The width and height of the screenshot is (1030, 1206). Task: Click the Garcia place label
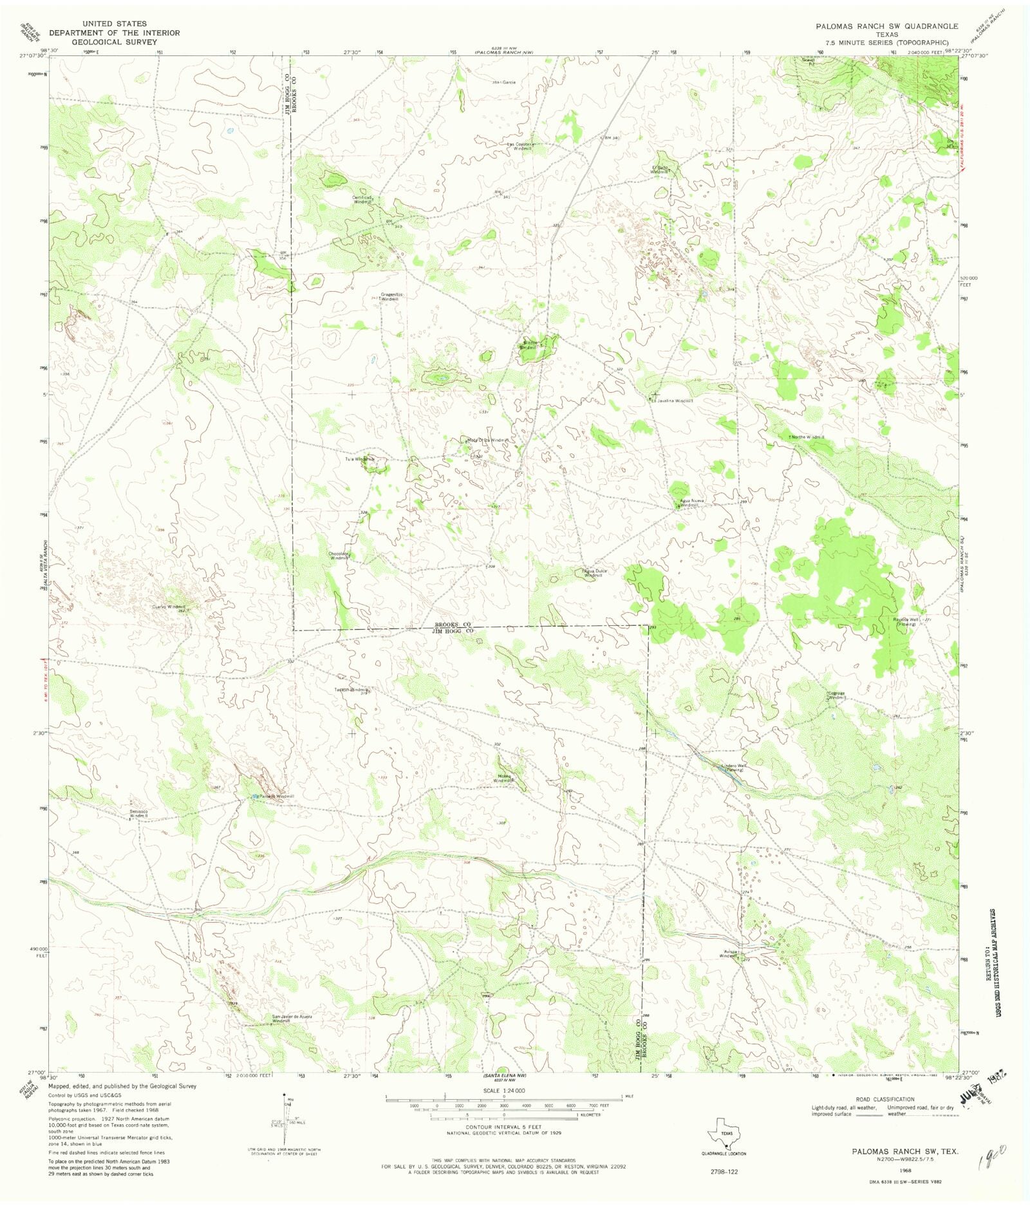pyautogui.click(x=509, y=82)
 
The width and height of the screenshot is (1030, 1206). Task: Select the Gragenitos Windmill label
pyautogui.click(x=391, y=297)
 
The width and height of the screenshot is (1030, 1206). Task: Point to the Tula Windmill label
pyautogui.click(x=359, y=459)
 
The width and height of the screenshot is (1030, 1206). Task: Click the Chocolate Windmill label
pyautogui.click(x=339, y=556)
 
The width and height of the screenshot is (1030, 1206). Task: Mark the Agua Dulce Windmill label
pyautogui.click(x=593, y=573)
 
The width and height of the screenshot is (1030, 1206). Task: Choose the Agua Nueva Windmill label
pyautogui.click(x=692, y=503)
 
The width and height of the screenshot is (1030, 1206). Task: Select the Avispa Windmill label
pyautogui.click(x=728, y=954)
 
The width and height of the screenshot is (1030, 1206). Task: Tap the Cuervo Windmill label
pyautogui.click(x=168, y=607)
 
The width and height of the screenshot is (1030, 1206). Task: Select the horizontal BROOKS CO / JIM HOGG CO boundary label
pyautogui.click(x=453, y=628)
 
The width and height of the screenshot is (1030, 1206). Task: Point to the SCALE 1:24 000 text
pyautogui.click(x=503, y=1091)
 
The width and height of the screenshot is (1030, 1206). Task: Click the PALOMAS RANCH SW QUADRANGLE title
pyautogui.click(x=886, y=26)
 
